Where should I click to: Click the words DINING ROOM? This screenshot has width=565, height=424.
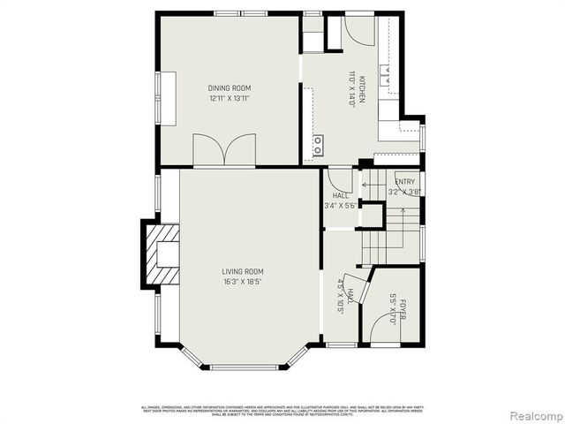click(230, 88)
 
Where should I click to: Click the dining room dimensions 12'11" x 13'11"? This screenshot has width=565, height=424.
click(230, 99)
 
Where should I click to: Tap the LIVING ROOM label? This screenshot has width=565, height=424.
click(243, 271)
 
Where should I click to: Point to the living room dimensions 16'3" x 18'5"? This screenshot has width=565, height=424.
click(243, 282)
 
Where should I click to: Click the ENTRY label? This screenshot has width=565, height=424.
click(405, 182)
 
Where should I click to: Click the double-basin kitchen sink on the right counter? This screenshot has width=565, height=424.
click(388, 76)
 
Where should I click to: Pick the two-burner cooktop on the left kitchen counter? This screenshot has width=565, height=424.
click(318, 144)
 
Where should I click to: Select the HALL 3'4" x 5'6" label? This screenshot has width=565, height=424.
click(340, 201)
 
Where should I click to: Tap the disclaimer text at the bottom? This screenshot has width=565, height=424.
click(282, 410)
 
